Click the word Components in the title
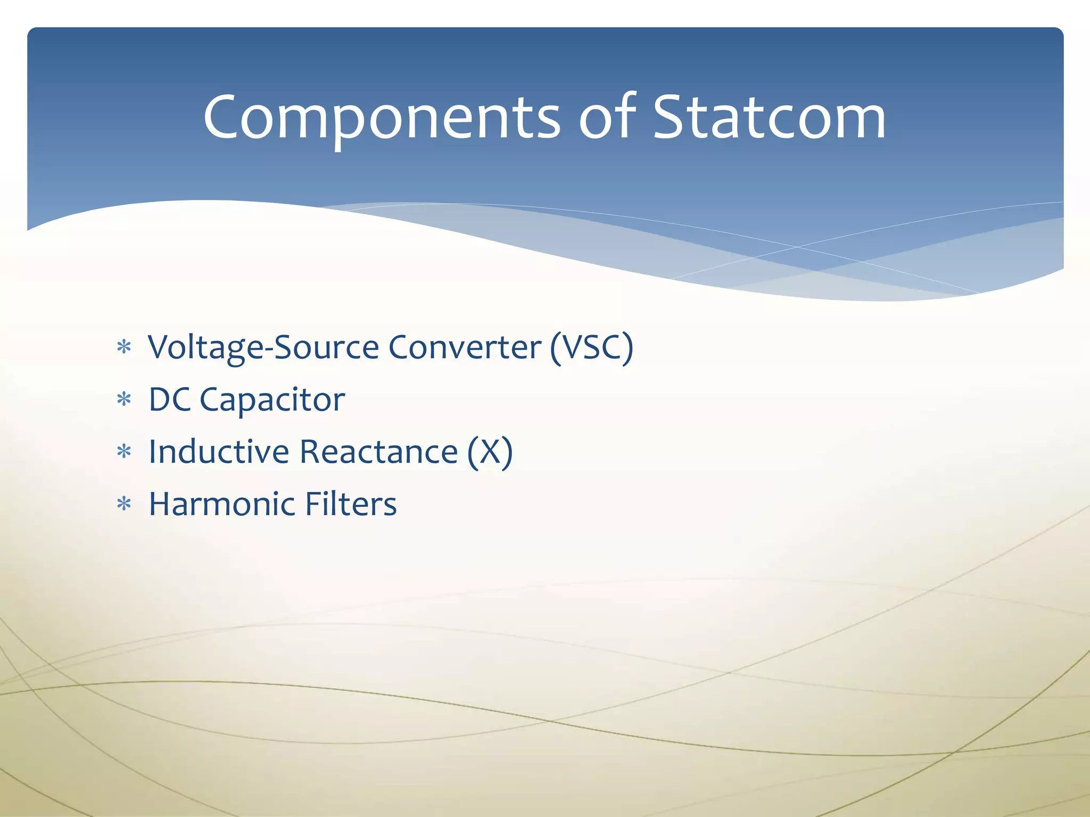381,118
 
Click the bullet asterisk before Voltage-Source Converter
124,348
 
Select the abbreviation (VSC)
591,348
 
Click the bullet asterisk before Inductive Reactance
124,452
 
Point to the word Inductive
219,452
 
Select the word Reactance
378,452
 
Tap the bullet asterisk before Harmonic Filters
124,504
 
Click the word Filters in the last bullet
351,504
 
